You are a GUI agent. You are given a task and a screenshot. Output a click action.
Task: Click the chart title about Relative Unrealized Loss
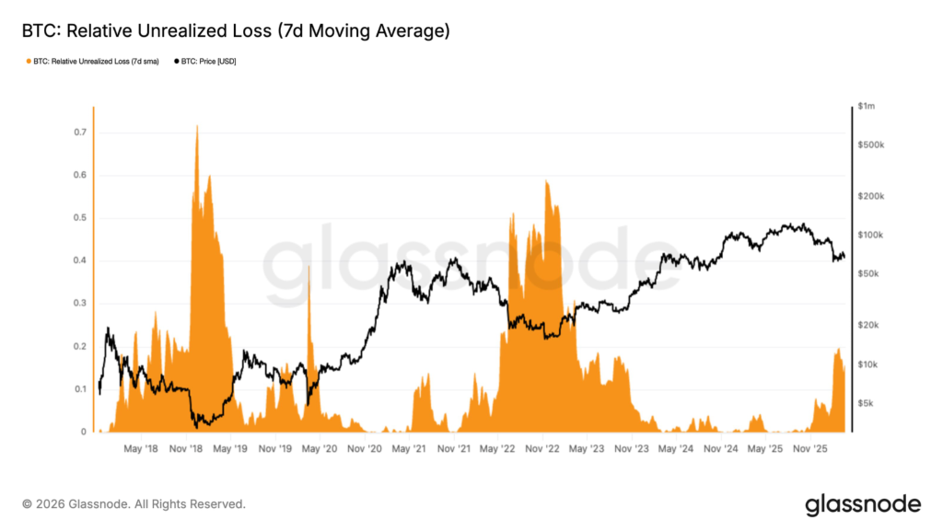(236, 31)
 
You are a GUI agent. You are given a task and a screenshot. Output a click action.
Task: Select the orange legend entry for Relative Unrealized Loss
(91, 61)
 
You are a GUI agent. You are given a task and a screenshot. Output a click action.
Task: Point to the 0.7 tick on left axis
(80, 133)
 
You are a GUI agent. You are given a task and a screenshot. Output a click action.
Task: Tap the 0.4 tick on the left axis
(80, 260)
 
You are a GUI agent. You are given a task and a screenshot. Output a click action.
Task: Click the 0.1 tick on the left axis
(80, 389)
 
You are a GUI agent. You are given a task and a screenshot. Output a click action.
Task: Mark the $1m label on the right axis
(866, 107)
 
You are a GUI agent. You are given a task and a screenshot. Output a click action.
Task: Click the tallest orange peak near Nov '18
(197, 127)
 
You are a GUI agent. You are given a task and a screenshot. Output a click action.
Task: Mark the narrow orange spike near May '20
(309, 267)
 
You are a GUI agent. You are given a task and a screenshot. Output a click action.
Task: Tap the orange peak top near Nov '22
(547, 182)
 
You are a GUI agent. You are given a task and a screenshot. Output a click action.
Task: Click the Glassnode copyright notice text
(134, 504)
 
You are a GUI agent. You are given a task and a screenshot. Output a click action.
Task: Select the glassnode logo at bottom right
(862, 504)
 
